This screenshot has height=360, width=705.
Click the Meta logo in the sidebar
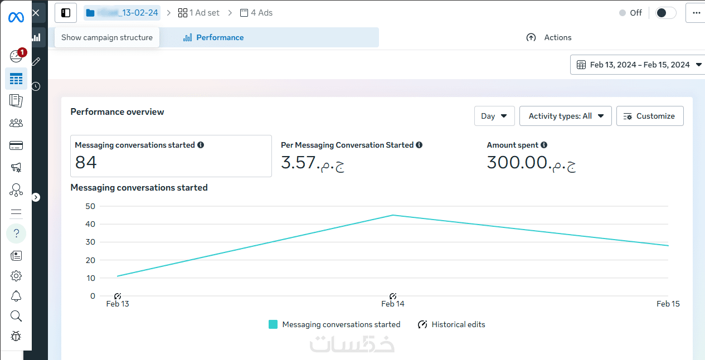[16, 17]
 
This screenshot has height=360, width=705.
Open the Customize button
[649, 116]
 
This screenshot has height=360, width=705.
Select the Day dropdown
[494, 116]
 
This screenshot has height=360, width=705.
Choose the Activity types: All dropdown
[565, 116]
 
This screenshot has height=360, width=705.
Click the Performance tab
[213, 37]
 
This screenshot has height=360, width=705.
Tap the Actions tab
[549, 37]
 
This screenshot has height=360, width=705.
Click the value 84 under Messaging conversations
[86, 162]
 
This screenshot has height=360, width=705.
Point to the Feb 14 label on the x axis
[392, 304]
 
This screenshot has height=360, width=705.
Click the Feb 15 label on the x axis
[668, 304]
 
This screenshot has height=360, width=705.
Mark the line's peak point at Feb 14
[392, 215]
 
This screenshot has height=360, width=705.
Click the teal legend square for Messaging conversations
[273, 324]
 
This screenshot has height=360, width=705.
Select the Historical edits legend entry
[451, 324]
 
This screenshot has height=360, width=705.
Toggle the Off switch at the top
[665, 13]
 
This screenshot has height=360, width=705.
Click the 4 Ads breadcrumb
[256, 13]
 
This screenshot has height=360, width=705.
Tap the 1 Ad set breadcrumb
[199, 13]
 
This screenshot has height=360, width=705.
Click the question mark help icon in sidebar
[16, 233]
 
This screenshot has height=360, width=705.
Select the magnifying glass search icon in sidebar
[16, 316]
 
